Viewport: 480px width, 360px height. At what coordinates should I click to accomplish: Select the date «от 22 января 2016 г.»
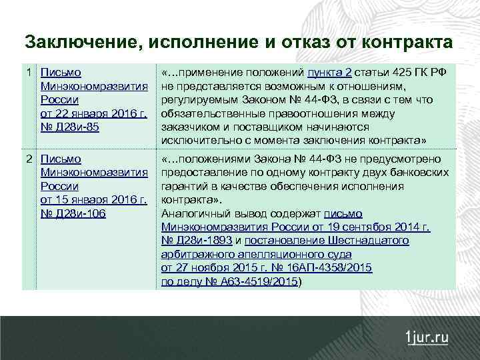(x=93, y=113)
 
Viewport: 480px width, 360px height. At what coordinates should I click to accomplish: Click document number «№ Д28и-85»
(x=70, y=126)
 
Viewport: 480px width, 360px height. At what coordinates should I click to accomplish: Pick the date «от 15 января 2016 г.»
(x=93, y=199)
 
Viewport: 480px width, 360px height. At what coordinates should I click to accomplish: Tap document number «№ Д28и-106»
(x=73, y=213)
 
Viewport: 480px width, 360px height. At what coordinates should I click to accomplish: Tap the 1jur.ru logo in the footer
(x=427, y=337)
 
